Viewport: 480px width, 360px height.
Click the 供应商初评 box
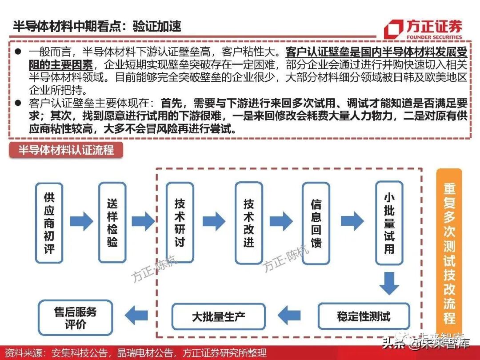(49, 223)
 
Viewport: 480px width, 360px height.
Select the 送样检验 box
(112, 223)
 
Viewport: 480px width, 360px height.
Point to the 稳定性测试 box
(364, 316)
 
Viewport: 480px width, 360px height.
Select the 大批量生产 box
(218, 316)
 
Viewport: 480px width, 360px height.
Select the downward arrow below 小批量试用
(389, 283)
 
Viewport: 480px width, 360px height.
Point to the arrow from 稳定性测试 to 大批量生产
(289, 316)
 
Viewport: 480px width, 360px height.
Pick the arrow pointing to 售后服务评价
(136, 316)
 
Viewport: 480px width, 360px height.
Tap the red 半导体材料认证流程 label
(66, 150)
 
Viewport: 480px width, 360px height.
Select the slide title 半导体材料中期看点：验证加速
(97, 26)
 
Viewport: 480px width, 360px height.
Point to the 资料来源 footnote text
(133, 353)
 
